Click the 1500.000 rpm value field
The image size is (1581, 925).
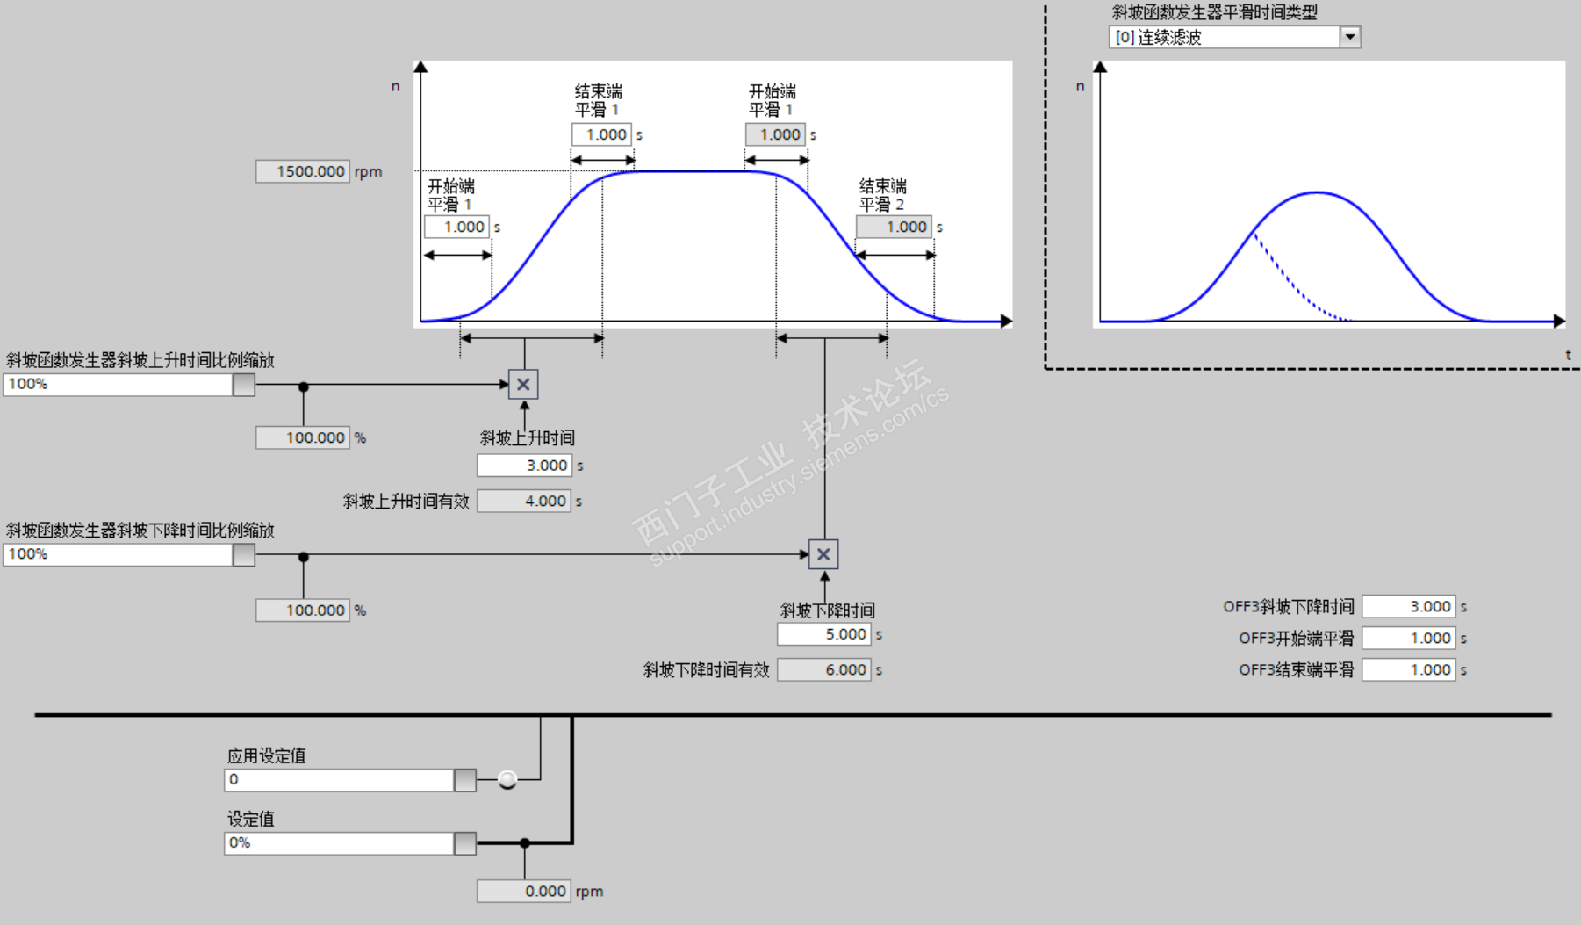pos(303,171)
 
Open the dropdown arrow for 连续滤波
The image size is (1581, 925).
pos(1350,37)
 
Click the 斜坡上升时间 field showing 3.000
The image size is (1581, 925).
pos(524,466)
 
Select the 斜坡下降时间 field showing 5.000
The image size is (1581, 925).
pos(824,634)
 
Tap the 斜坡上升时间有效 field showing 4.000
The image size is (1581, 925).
pos(524,501)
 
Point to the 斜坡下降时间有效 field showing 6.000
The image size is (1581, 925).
pos(824,670)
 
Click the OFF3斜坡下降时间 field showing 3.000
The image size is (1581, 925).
pos(1409,606)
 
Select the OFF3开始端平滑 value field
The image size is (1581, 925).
pos(1409,639)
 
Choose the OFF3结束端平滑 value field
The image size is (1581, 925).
pos(1409,670)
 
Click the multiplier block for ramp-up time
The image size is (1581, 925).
pos(523,384)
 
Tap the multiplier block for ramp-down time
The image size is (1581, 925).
pos(823,554)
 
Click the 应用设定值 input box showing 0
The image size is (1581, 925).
pos(339,780)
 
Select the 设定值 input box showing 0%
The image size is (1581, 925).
pos(339,843)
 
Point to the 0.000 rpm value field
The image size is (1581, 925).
pos(524,891)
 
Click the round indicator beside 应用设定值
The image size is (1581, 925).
pos(507,779)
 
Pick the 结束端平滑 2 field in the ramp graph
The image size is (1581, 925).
pos(894,227)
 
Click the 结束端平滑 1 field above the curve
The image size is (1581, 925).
pos(601,134)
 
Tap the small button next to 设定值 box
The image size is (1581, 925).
pos(465,843)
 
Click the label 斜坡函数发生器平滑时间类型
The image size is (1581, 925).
pos(1214,12)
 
